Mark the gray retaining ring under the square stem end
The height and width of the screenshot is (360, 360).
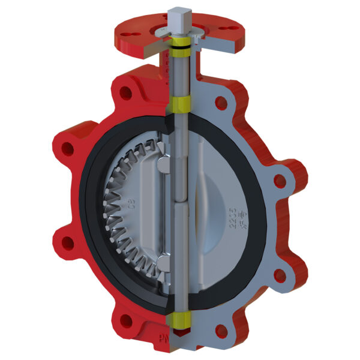(x=180, y=35)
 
